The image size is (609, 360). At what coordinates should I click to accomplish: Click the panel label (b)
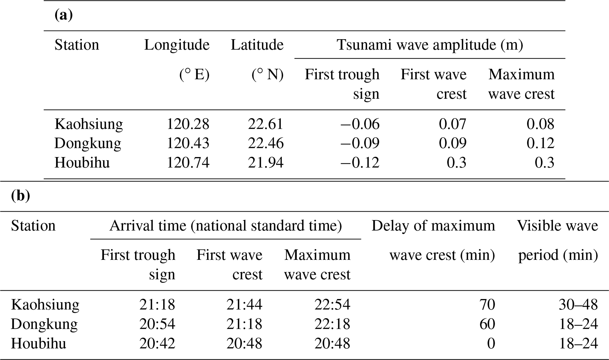click(20, 196)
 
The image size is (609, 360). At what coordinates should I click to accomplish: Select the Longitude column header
click(176, 45)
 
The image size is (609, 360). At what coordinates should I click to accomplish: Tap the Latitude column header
click(257, 45)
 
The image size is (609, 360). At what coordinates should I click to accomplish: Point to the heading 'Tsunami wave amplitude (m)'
click(430, 45)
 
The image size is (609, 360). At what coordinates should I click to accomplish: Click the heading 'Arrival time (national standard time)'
click(225, 226)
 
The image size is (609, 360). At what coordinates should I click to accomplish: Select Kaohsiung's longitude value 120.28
click(188, 124)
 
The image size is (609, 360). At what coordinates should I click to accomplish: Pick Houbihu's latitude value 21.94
click(265, 163)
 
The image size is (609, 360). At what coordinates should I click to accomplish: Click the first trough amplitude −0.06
click(360, 124)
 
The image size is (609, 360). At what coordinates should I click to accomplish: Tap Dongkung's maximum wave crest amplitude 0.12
click(540, 143)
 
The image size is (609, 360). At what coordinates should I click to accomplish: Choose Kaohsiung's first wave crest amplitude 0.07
click(453, 124)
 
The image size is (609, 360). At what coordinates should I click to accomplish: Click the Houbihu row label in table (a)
click(82, 163)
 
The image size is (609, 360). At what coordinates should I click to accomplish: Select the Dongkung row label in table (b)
click(44, 324)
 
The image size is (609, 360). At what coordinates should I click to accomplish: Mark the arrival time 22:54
click(332, 305)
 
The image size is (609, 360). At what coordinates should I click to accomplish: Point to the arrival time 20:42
click(157, 344)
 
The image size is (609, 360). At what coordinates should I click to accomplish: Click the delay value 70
click(487, 305)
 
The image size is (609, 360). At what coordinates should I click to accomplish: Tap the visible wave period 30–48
click(578, 305)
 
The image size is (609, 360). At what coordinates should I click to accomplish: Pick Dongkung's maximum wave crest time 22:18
click(332, 324)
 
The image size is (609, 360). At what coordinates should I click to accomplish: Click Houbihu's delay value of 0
click(491, 344)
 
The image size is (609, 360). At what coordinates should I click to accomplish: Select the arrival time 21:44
click(244, 305)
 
